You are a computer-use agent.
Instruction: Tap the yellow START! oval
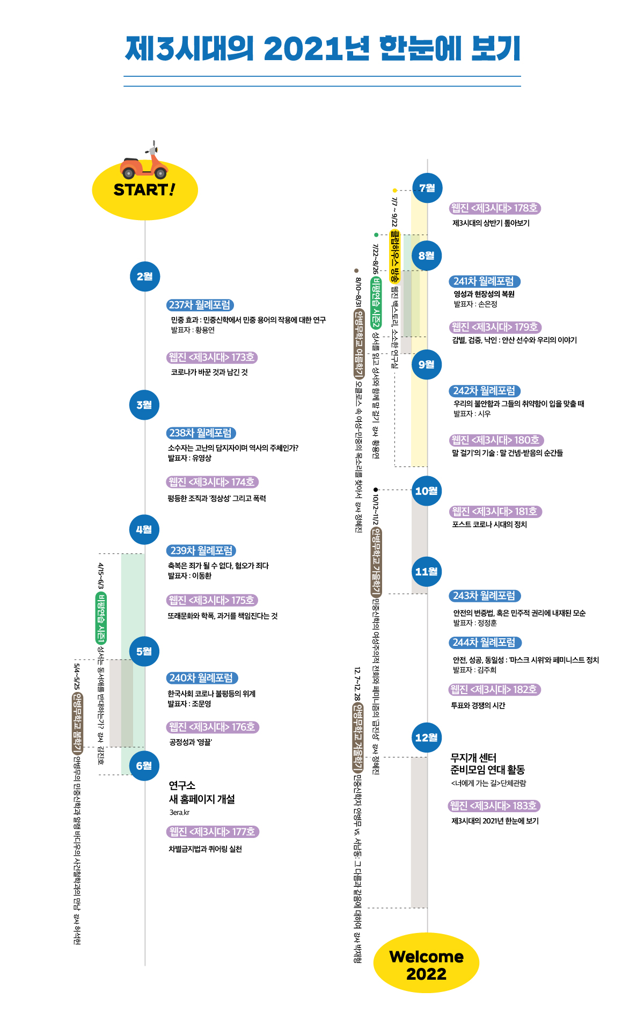click(x=145, y=190)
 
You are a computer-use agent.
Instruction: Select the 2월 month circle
click(x=145, y=276)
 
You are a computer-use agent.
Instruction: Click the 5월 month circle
click(x=145, y=651)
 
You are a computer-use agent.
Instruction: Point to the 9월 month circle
click(x=427, y=364)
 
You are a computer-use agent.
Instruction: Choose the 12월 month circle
click(x=427, y=738)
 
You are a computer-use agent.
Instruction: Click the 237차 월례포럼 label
click(x=200, y=305)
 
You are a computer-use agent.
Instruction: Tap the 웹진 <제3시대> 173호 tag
click(x=212, y=358)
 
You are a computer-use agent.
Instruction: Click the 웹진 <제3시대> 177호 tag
click(x=213, y=832)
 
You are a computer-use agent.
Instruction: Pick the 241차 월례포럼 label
click(x=485, y=281)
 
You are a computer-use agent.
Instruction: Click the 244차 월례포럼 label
click(x=485, y=643)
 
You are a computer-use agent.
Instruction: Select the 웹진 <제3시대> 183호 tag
click(x=494, y=806)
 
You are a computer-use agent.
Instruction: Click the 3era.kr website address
click(x=179, y=813)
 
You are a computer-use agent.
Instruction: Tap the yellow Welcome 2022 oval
click(x=427, y=963)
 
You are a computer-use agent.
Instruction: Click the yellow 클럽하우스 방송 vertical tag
click(x=395, y=257)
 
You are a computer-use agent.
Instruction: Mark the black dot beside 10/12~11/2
click(x=376, y=490)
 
